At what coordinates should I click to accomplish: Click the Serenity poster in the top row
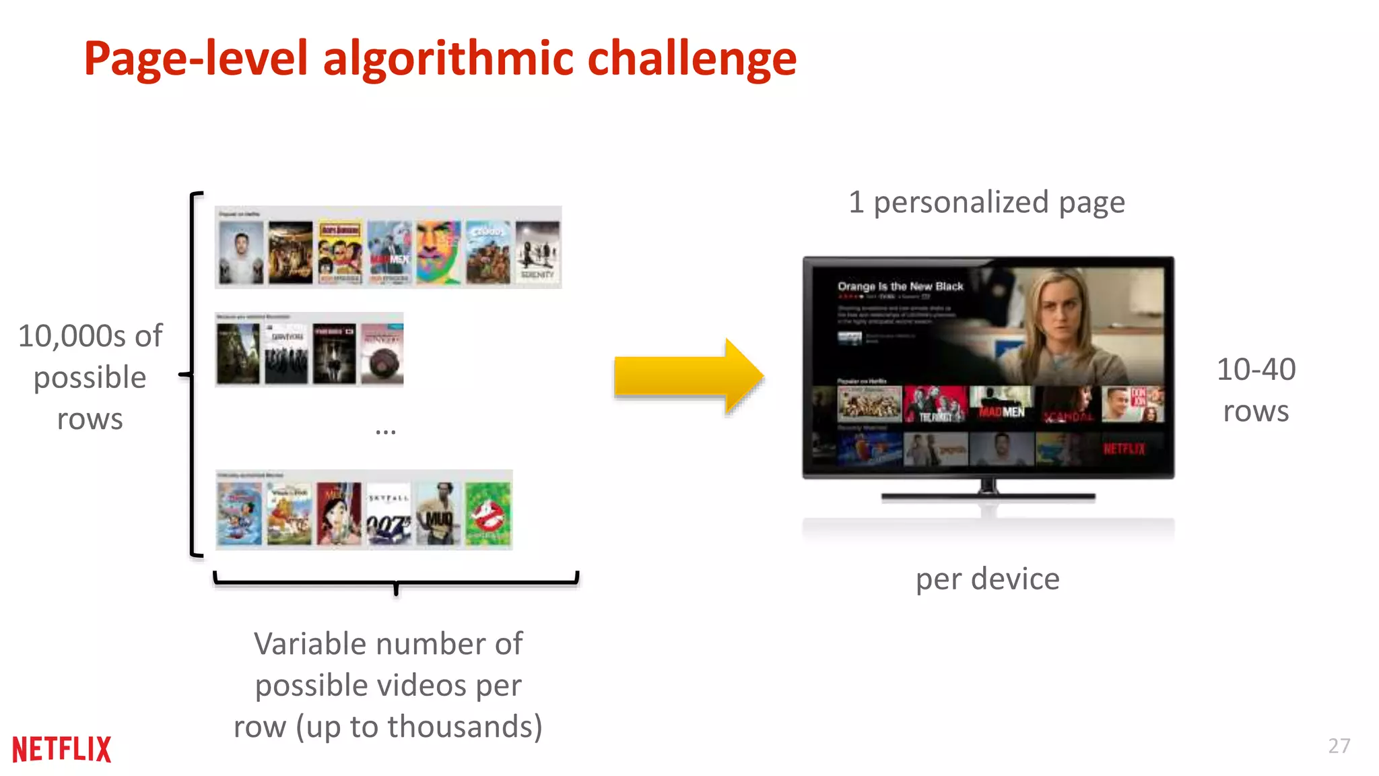(x=537, y=253)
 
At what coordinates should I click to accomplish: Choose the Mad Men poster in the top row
(x=389, y=253)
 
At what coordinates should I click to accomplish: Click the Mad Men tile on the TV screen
(x=1001, y=404)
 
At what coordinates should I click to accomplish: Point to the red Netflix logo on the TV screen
(x=1124, y=449)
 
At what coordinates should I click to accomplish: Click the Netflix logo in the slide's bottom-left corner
(x=61, y=749)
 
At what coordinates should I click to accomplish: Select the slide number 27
(x=1339, y=746)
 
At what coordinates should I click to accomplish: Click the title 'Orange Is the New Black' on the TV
(x=900, y=286)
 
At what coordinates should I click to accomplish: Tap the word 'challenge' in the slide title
(x=692, y=59)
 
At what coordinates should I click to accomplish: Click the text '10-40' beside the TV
(x=1256, y=369)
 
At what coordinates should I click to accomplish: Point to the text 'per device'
(x=987, y=579)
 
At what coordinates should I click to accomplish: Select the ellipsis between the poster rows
(x=385, y=431)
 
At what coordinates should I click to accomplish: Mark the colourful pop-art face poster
(x=438, y=253)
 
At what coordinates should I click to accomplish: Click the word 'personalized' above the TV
(x=961, y=202)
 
